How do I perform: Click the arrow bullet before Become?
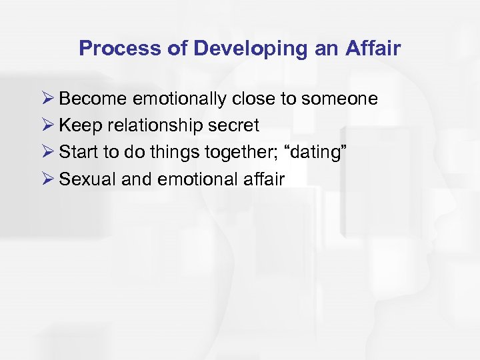[47, 99]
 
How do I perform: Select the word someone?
[340, 99]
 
